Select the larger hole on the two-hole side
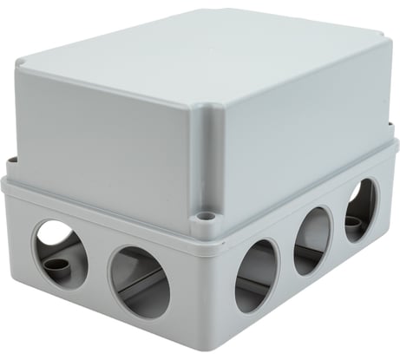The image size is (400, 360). coord(140,280)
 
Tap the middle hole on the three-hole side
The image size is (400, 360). coord(311,240)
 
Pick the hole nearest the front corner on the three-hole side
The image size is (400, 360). coord(256,275)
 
